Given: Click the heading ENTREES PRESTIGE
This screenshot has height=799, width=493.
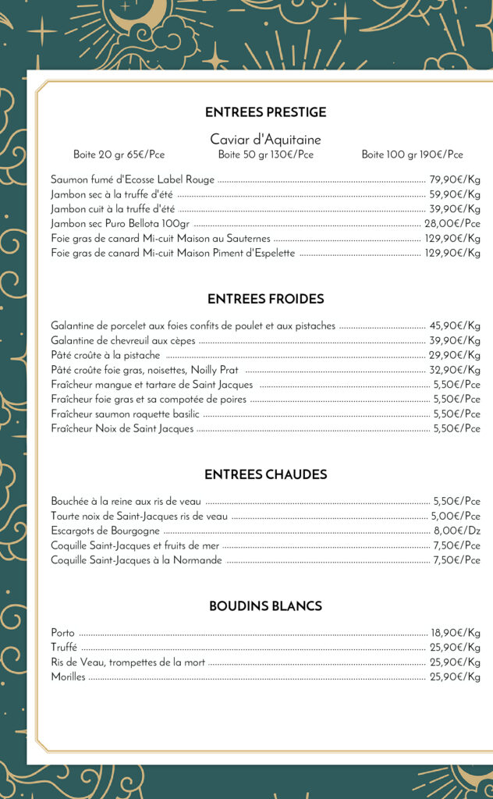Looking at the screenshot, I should tap(265, 112).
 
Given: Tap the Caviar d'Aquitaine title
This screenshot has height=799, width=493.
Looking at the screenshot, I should tap(265, 140).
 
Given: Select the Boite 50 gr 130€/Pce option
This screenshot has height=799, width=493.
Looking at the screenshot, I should tap(265, 154).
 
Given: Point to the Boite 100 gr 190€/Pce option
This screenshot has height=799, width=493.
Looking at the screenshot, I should tap(412, 154).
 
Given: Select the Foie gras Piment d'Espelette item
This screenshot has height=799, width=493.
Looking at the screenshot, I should tap(173, 253).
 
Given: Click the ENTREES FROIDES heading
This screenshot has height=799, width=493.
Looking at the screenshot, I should tap(265, 299).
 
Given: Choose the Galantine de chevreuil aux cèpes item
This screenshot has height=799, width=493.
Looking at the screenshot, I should tap(123, 340).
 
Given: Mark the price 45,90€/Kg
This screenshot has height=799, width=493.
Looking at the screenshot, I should tap(455, 325).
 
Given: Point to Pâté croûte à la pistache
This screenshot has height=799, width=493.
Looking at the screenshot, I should tap(105, 355).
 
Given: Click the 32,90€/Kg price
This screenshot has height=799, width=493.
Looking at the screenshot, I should tap(455, 370).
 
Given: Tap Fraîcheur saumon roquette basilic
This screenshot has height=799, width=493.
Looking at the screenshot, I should tap(125, 414).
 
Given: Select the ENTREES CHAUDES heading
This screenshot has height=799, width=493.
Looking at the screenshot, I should tap(265, 474).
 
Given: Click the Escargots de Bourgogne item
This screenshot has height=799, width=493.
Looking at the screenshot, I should tap(105, 531).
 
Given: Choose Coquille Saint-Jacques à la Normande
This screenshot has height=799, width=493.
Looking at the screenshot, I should tap(137, 560).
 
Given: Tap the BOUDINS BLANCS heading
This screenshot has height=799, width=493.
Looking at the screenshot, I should tap(265, 606).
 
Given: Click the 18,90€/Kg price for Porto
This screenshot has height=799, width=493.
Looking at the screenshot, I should tap(456, 633).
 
